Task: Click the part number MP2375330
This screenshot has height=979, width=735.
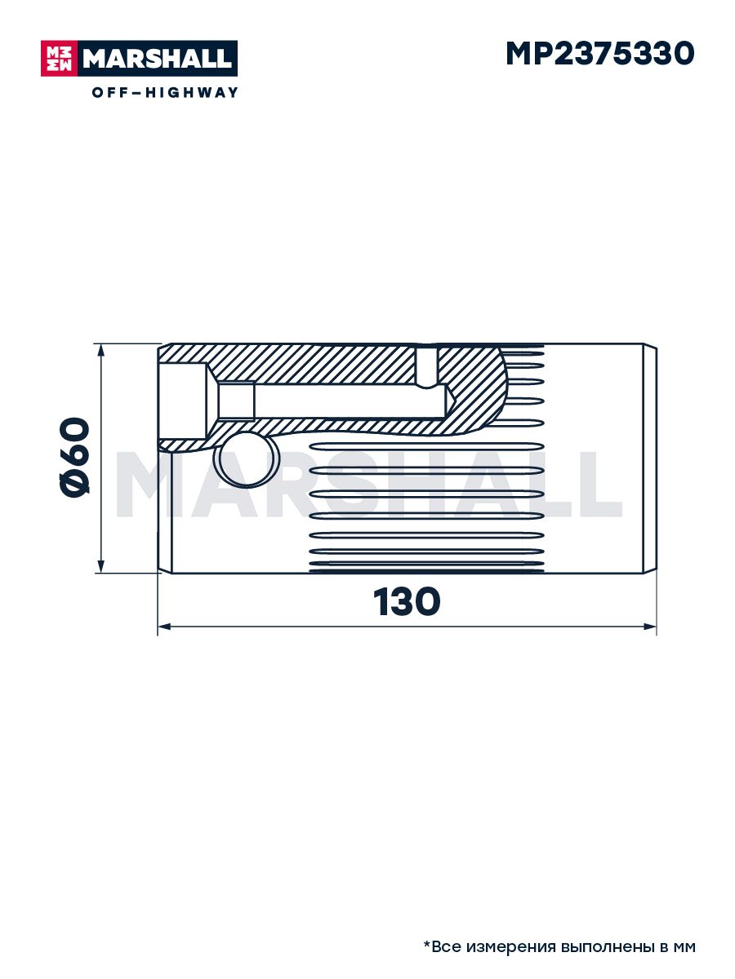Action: (600, 54)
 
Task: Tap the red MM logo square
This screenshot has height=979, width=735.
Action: (59, 59)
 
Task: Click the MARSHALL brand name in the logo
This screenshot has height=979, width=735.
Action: (158, 59)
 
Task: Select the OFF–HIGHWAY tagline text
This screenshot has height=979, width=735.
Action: (165, 92)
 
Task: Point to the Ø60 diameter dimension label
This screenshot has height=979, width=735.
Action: (74, 456)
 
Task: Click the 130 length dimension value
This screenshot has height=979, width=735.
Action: (407, 601)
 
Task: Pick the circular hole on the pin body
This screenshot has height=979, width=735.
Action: (247, 459)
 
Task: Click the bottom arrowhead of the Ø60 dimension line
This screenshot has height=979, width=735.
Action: (100, 565)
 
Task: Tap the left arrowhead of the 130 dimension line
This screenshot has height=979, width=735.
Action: (165, 627)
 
